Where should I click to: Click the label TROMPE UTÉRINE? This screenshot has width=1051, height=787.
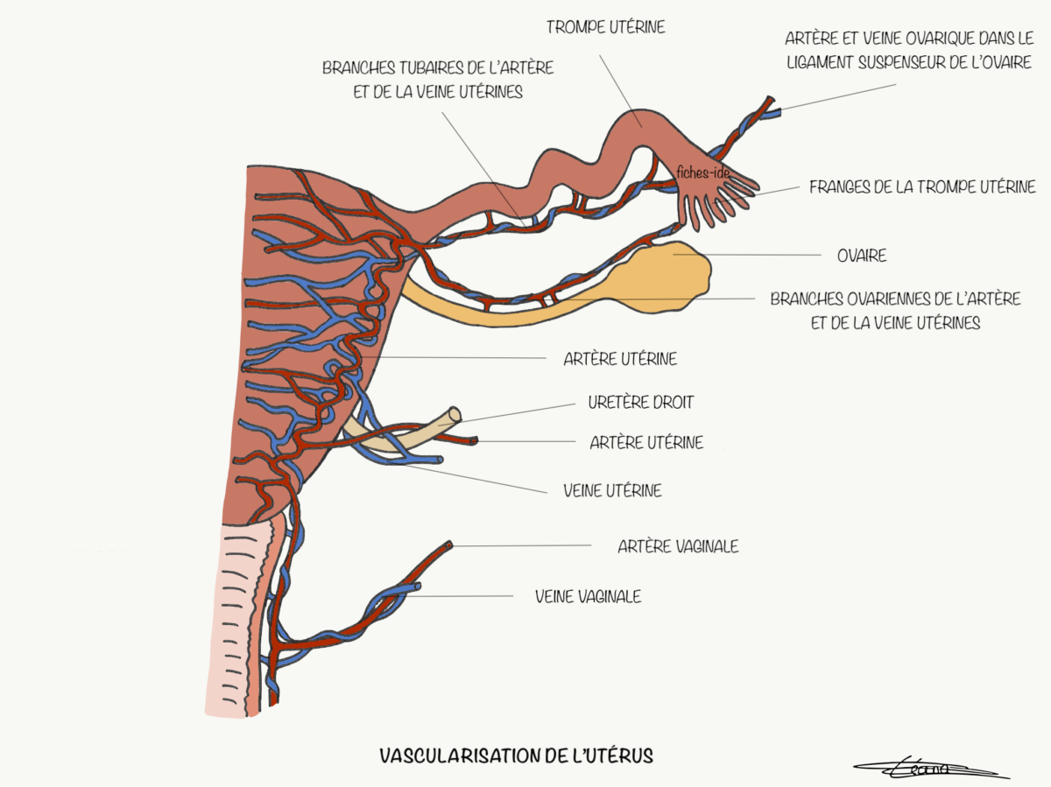click(x=605, y=27)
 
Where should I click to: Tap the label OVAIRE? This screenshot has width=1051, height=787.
click(x=862, y=256)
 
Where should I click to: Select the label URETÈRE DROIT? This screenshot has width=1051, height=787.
click(x=640, y=403)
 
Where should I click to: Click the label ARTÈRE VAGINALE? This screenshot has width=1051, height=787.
click(x=678, y=546)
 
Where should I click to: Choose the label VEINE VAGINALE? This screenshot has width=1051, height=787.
click(x=588, y=597)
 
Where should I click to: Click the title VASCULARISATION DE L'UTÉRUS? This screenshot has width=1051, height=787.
click(x=516, y=755)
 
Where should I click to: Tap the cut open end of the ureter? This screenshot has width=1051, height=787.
click(x=454, y=415)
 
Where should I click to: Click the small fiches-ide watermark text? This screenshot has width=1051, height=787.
click(x=702, y=173)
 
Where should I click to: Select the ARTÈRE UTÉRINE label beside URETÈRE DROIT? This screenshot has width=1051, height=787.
click(x=646, y=443)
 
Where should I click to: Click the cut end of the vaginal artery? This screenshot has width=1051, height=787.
click(x=450, y=545)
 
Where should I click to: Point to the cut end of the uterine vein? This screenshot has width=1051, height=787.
click(x=439, y=460)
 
